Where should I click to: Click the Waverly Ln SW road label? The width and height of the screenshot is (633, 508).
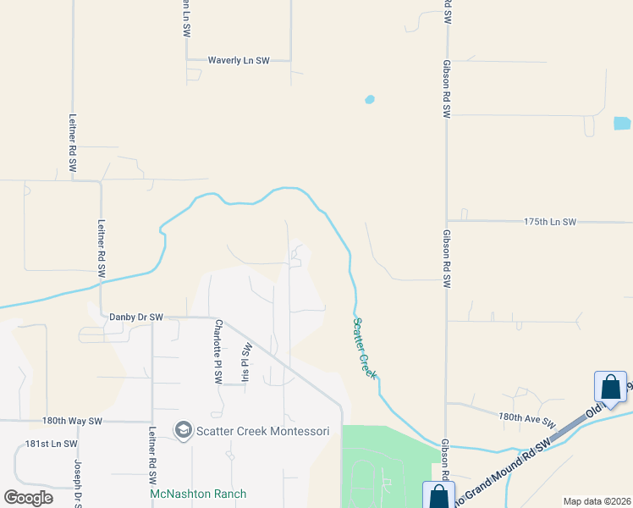[x=239, y=61]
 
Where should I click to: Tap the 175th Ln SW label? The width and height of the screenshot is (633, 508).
[x=549, y=222]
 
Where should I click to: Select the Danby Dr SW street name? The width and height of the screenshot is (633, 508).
[x=136, y=317]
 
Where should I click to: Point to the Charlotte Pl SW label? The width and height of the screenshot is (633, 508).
[x=217, y=350]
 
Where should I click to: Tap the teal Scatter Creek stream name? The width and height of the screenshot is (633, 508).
[x=364, y=348]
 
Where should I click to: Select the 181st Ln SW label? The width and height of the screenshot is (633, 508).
[x=51, y=444]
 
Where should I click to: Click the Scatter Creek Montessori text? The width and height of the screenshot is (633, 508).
[x=262, y=431]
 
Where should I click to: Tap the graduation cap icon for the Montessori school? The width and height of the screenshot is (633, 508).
[x=182, y=431]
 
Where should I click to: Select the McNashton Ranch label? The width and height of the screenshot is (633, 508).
[x=198, y=494]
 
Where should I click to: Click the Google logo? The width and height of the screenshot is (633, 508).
[x=28, y=498]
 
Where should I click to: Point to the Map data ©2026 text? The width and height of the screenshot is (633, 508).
[x=597, y=501]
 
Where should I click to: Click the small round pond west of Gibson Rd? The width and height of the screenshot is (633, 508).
[x=369, y=100]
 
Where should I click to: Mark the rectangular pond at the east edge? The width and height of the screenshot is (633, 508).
[x=622, y=123]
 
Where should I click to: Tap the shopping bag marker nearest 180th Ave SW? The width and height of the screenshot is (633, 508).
[x=610, y=388]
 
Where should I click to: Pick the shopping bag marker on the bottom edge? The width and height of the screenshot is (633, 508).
[x=438, y=496]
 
